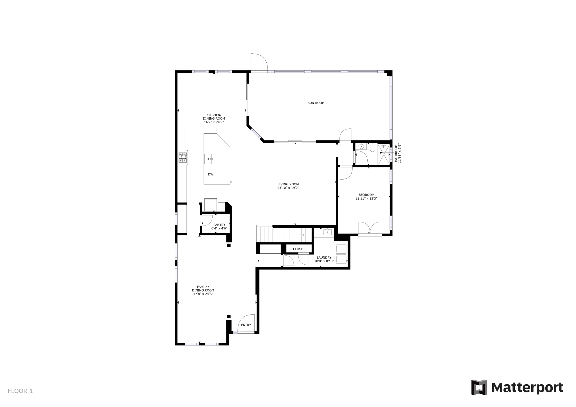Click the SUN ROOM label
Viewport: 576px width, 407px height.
pos(316,103)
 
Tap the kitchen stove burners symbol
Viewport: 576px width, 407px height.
pos(183,157)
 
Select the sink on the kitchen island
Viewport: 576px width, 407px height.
pos(208,159)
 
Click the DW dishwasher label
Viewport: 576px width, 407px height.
pos(210,174)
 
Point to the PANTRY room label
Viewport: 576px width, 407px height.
pos(219,225)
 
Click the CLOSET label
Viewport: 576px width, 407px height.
pos(299,249)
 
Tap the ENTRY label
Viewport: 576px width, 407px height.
pos(246,325)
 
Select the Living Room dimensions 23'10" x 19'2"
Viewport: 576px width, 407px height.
pos(288,188)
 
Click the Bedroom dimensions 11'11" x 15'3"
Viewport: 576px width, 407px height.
pos(366,199)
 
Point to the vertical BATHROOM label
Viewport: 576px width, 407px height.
pos(396,153)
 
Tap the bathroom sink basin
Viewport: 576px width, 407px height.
pos(361,146)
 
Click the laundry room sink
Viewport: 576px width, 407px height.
pos(328,232)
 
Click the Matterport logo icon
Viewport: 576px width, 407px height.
pos(479,387)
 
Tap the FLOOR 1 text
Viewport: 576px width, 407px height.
pos(20,391)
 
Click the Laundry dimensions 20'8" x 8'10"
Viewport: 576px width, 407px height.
pos(324,261)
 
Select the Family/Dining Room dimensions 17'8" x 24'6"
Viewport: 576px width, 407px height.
pos(203,294)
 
